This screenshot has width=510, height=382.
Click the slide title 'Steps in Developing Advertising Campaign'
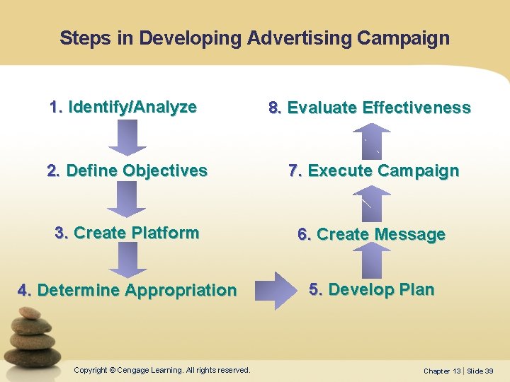tap(254, 37)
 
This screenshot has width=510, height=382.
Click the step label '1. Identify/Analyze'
tap(123, 108)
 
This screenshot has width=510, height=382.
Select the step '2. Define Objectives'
tap(127, 170)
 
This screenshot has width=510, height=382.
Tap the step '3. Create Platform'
tap(127, 233)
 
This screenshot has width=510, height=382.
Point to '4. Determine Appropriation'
tap(127, 290)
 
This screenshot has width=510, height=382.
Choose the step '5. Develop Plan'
tap(371, 289)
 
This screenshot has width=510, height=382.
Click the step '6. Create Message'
tap(371, 234)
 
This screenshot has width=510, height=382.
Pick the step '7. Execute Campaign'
tap(373, 170)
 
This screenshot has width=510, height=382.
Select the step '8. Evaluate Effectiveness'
tap(369, 108)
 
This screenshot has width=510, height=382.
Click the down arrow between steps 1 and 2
tap(127, 137)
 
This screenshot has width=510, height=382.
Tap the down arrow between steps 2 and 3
tap(127, 199)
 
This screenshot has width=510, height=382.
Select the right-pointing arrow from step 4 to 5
tap(273, 290)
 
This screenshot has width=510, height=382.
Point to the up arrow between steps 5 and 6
tap(371, 262)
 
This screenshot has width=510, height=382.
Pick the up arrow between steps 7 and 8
tap(371, 139)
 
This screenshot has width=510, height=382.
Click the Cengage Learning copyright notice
tap(162, 370)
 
